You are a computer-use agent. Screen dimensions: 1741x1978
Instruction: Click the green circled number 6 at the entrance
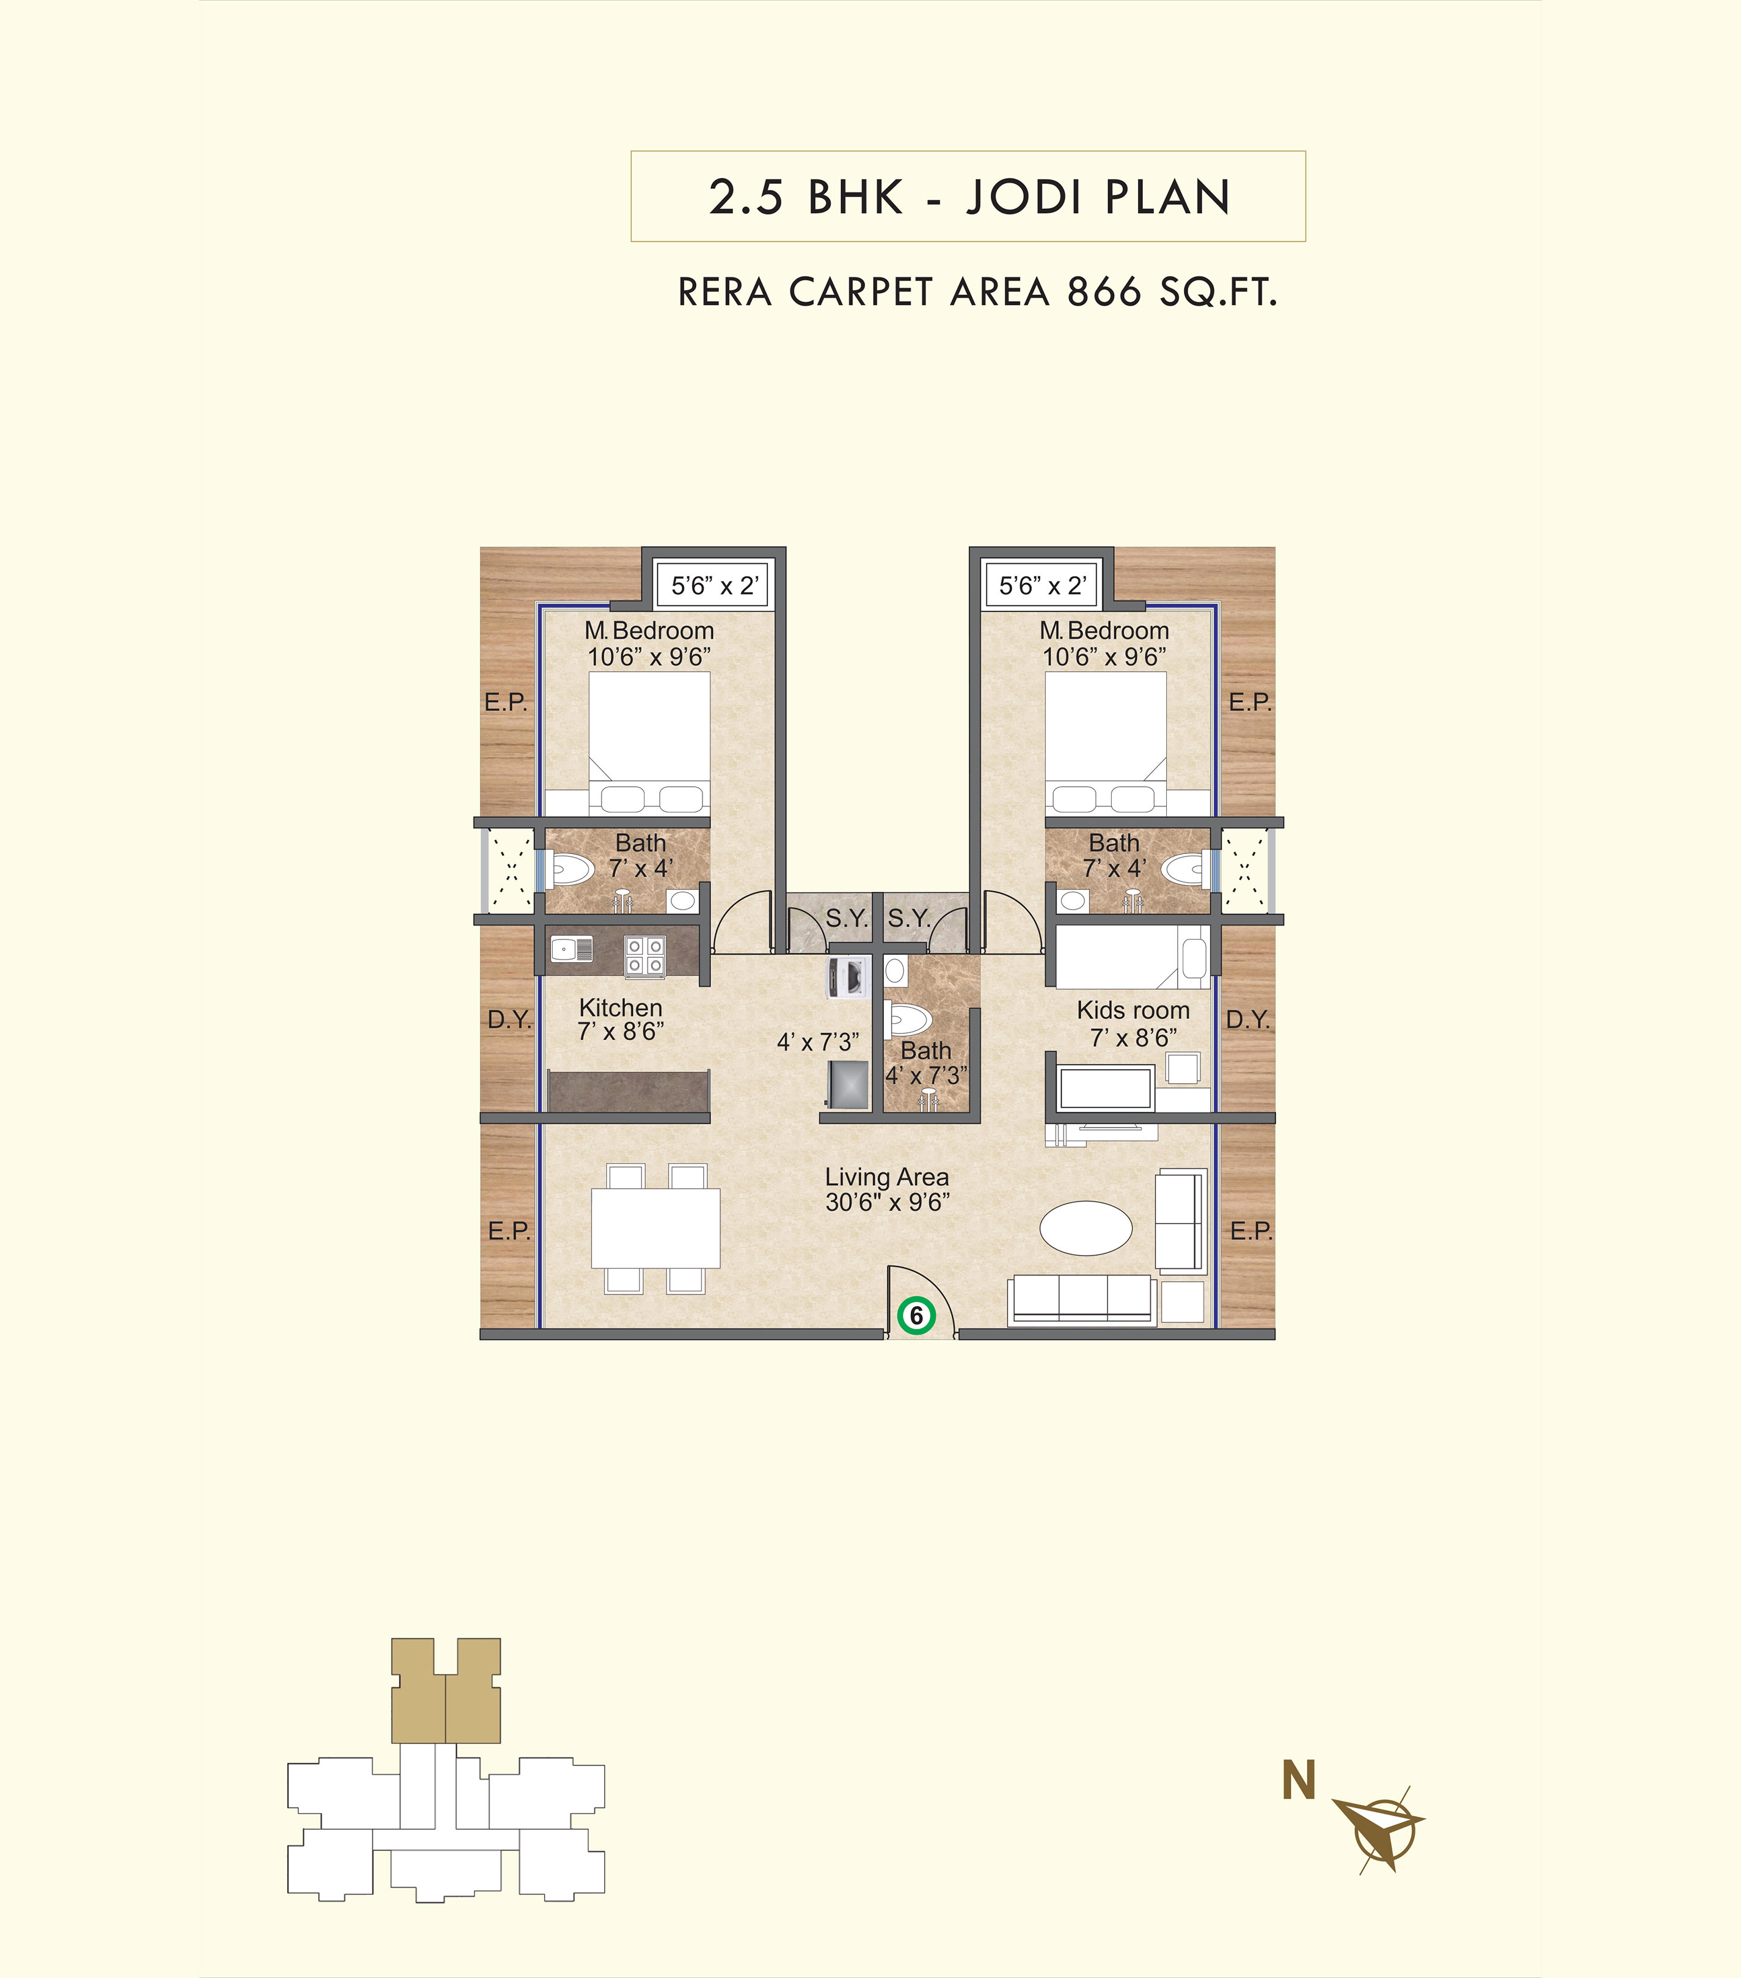coord(916,1316)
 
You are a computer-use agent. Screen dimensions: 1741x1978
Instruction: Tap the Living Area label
coord(886,1177)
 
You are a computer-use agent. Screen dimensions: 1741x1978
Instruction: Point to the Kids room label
coord(1133,1010)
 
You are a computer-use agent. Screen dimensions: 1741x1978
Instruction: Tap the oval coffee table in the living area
coord(1086,1228)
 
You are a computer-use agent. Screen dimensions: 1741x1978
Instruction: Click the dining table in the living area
coord(655,1228)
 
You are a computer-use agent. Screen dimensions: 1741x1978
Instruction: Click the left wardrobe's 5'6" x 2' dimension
coord(714,585)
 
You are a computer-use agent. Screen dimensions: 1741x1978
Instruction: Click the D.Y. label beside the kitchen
coord(509,1019)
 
